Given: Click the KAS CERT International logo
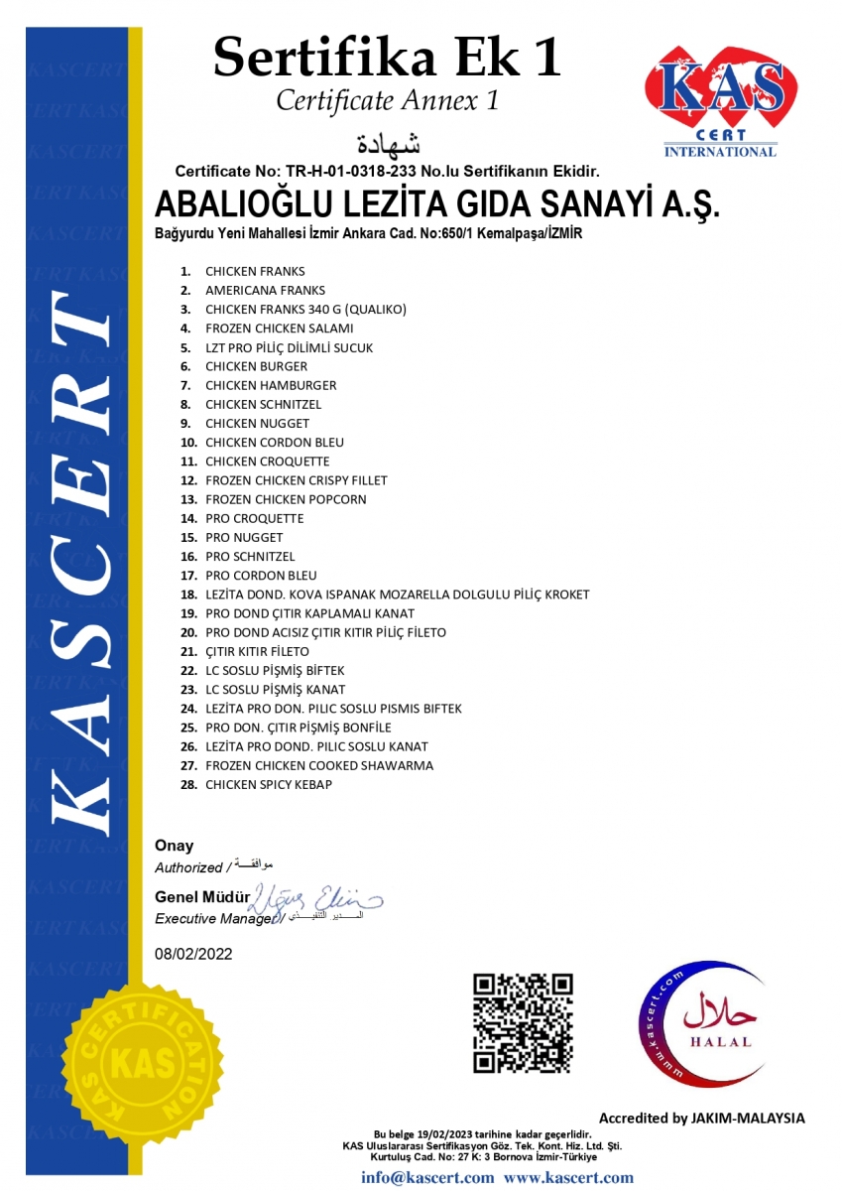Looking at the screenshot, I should click(x=720, y=99).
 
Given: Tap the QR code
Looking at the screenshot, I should click(x=523, y=1022).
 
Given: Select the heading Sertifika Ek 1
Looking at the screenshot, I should click(x=387, y=56).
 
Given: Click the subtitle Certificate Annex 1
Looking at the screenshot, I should click(x=387, y=100).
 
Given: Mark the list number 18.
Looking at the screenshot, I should click(x=188, y=595).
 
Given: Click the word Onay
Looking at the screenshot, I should click(x=174, y=846).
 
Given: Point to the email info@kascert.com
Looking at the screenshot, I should click(x=426, y=1178).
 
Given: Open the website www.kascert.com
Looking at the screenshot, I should click(x=568, y=1178).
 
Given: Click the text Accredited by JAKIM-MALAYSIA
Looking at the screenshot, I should click(x=701, y=1118).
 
